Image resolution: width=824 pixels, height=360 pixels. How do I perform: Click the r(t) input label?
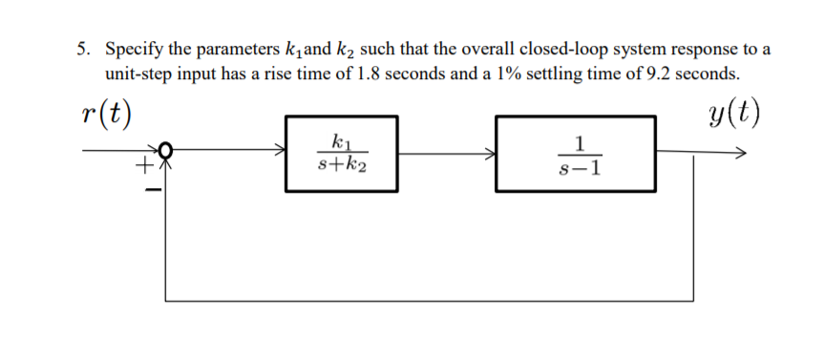(106, 116)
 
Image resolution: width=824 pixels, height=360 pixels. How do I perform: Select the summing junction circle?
(166, 150)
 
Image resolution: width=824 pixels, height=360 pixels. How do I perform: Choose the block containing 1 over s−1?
(575, 155)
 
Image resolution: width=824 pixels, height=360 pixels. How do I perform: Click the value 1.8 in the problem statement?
(368, 74)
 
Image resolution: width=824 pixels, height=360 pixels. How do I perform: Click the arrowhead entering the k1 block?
(281, 150)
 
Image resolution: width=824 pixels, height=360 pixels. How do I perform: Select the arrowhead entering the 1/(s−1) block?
(490, 151)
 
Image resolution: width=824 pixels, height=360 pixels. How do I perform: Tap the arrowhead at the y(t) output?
(741, 151)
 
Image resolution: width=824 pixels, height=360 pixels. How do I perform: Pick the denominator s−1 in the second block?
(576, 168)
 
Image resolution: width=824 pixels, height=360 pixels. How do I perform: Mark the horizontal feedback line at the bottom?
(430, 300)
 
